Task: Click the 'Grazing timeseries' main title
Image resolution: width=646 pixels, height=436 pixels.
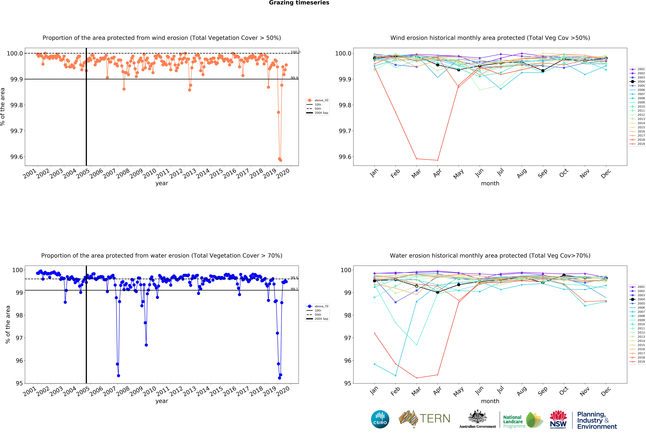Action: pos(299,3)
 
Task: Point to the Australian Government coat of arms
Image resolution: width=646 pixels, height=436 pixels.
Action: pos(477,417)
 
